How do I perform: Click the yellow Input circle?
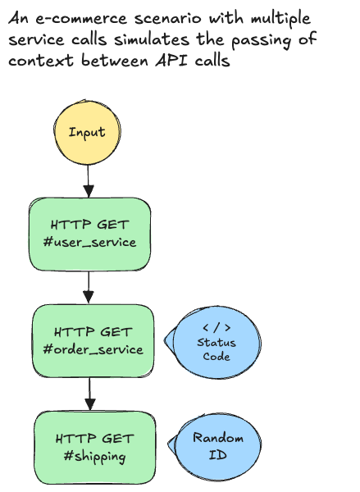[86, 132]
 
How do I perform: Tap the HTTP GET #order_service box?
[93, 340]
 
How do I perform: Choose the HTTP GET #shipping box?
[93, 447]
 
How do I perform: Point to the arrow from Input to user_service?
[87, 180]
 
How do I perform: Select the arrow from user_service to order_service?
[89, 286]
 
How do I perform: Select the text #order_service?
[93, 350]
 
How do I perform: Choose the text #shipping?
[93, 457]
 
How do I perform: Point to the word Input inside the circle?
[86, 132]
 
